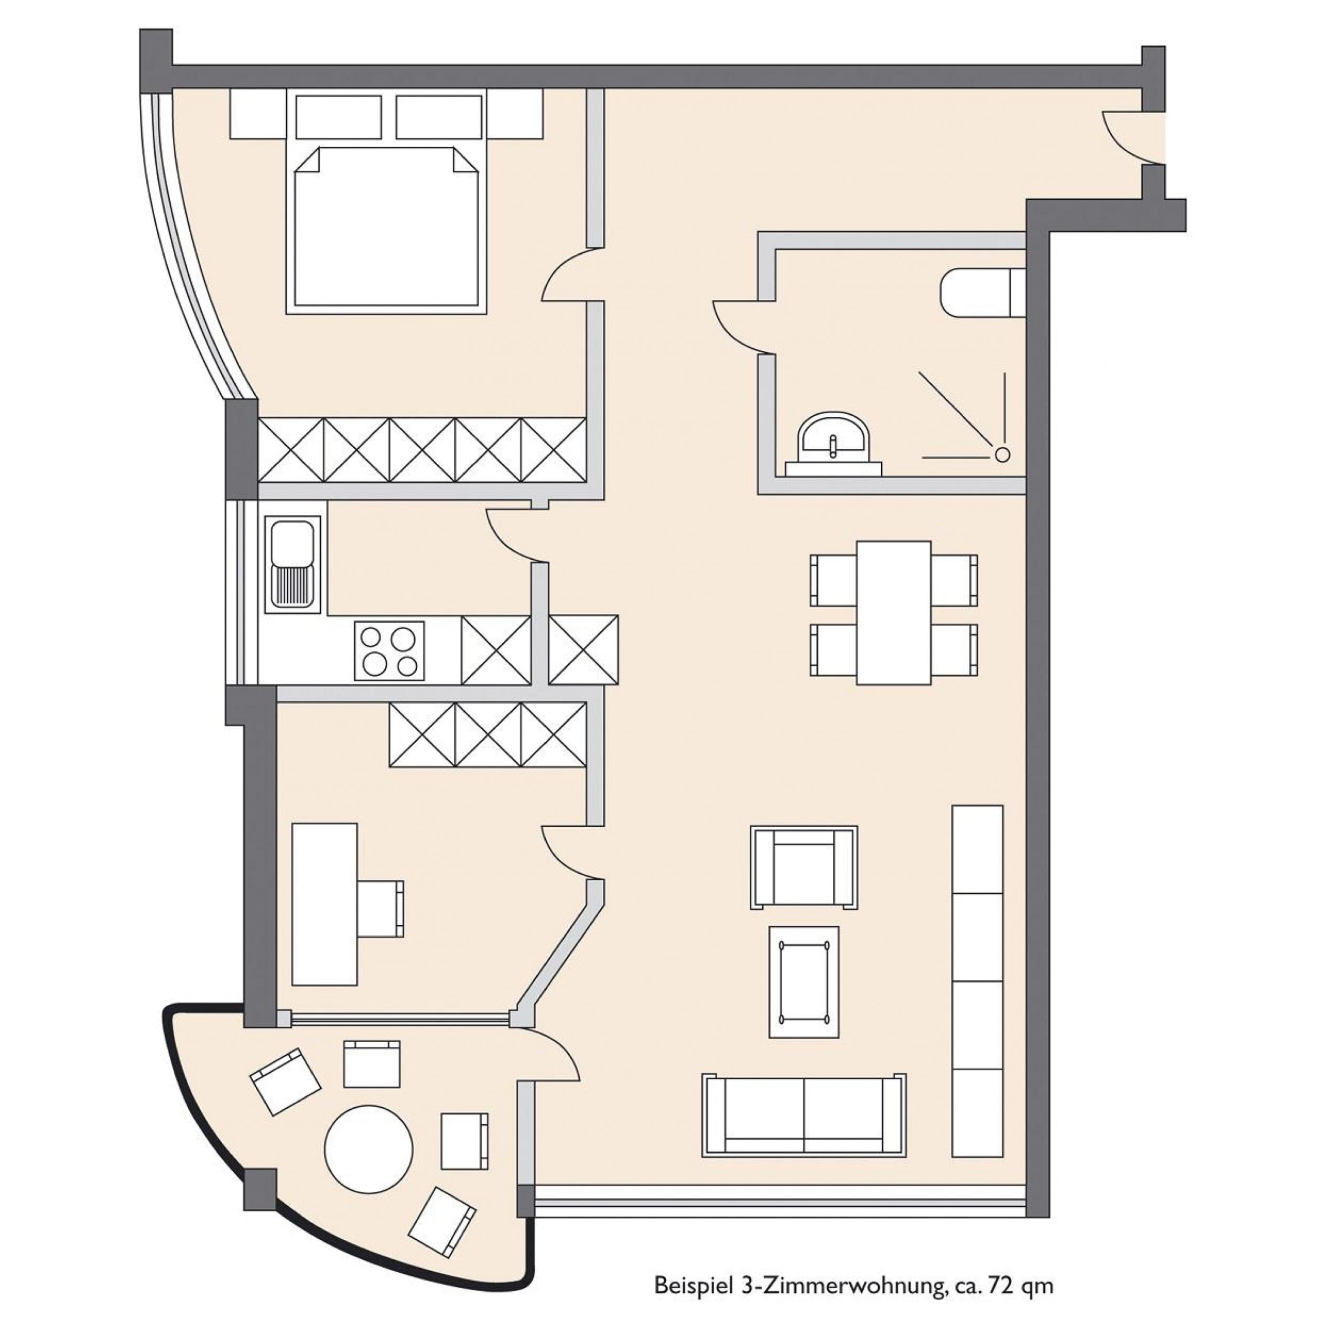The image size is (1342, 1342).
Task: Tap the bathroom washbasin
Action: [x=833, y=445]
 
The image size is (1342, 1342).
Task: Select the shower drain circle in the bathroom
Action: [x=1002, y=455]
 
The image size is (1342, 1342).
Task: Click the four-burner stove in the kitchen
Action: [x=389, y=650]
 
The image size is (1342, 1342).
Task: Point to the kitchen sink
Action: [x=293, y=564]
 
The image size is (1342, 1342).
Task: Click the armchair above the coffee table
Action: [x=804, y=867]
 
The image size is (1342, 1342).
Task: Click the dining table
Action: [x=893, y=613]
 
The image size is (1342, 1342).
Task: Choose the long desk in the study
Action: [x=324, y=904]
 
